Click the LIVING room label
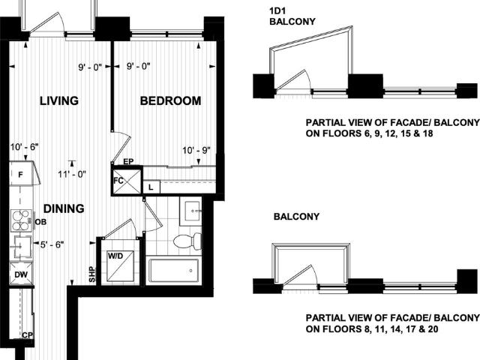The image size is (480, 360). click(59, 100)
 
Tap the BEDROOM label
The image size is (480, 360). click(170, 100)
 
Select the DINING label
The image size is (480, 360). click(64, 208)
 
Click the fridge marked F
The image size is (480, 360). click(21, 173)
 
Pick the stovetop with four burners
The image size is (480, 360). click(21, 220)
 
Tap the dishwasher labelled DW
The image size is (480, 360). click(21, 274)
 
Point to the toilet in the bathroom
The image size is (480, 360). click(187, 241)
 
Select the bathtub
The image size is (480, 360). click(174, 271)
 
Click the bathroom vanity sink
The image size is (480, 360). click(192, 211)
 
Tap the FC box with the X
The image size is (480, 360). click(127, 181)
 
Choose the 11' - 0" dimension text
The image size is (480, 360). click(72, 174)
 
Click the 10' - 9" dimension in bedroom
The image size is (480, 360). click(196, 150)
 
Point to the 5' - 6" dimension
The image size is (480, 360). click(52, 244)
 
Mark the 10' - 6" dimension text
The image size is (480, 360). click(25, 147)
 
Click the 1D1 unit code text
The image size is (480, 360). click(277, 11)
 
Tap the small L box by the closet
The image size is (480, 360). click(151, 187)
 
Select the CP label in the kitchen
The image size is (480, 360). click(27, 335)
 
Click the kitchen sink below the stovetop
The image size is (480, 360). click(21, 247)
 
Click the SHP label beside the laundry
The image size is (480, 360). click(92, 274)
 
